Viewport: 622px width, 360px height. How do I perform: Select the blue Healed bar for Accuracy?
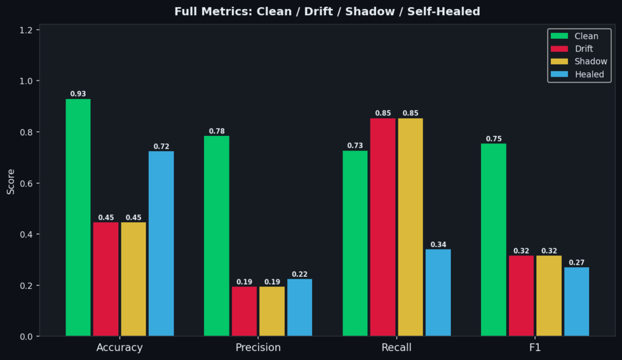161,243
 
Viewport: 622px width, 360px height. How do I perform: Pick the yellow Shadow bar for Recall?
411,227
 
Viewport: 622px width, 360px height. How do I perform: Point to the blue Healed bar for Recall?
438,293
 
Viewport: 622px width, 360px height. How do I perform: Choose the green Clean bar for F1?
493,240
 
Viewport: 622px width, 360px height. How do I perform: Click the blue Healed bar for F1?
576,302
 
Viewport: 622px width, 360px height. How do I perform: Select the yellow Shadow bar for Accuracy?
133,279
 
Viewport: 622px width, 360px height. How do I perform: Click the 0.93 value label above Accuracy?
78,94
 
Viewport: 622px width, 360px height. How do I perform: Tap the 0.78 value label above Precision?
217,131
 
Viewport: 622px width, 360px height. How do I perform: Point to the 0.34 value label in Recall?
438,245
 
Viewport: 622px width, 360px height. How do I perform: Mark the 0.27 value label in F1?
576,263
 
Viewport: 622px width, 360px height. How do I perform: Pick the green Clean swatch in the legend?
559,36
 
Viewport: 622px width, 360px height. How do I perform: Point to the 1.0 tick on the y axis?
30,81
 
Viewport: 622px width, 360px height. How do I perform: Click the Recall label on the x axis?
396,348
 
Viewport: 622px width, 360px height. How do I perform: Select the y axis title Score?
11,183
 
